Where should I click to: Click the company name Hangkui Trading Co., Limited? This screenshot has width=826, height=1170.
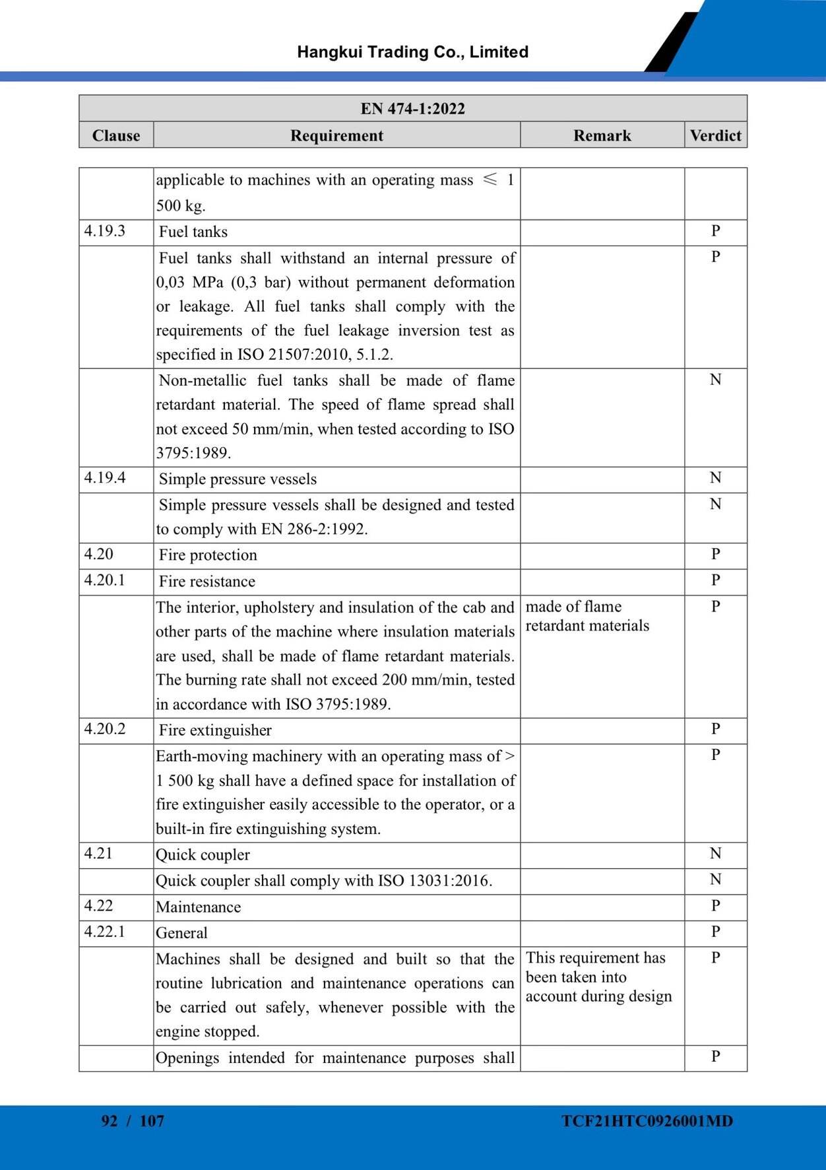tap(412, 52)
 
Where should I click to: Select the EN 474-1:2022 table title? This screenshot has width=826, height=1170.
tap(412, 108)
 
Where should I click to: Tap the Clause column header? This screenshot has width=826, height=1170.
tap(116, 135)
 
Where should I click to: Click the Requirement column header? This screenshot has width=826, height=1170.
tap(336, 135)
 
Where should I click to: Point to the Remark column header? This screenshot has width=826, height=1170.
tap(602, 135)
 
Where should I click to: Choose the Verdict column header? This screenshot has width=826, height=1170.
tap(715, 135)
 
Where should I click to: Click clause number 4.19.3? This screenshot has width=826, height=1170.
tap(105, 231)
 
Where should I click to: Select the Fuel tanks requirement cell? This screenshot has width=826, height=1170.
tap(193, 232)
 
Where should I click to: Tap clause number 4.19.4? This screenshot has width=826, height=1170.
tap(105, 478)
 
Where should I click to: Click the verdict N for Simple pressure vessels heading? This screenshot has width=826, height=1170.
tap(715, 478)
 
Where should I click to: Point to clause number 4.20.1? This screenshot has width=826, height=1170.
tap(105, 580)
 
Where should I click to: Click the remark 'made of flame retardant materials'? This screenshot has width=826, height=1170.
tap(587, 616)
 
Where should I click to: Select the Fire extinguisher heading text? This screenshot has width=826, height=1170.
tap(215, 730)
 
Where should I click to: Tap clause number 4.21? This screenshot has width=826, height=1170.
tap(98, 854)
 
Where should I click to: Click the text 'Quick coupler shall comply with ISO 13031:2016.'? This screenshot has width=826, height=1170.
tap(324, 881)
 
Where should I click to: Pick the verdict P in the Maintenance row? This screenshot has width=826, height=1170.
tap(715, 906)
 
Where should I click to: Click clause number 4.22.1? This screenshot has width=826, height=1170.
tap(105, 932)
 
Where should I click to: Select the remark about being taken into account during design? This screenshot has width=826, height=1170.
tap(598, 977)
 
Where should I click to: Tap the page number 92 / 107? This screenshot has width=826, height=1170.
tap(133, 1120)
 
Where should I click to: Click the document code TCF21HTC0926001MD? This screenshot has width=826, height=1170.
tap(647, 1120)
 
